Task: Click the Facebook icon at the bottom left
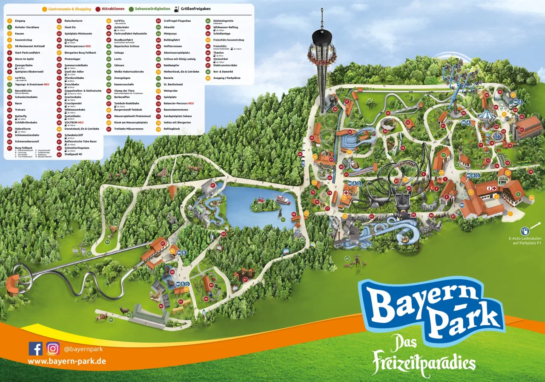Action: [x=36, y=349]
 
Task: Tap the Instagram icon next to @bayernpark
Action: [x=53, y=349]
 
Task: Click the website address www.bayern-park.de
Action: [x=67, y=362]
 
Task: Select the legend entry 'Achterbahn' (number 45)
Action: [x=121, y=27]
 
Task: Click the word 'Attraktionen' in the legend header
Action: [x=113, y=9]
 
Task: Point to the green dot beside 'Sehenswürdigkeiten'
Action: [x=132, y=9]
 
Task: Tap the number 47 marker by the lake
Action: [x=212, y=185]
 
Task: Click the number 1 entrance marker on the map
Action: [x=511, y=214]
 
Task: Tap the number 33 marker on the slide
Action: [x=388, y=113]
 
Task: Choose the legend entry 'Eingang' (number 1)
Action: [x=20, y=20]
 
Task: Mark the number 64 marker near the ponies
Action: [x=111, y=319]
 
